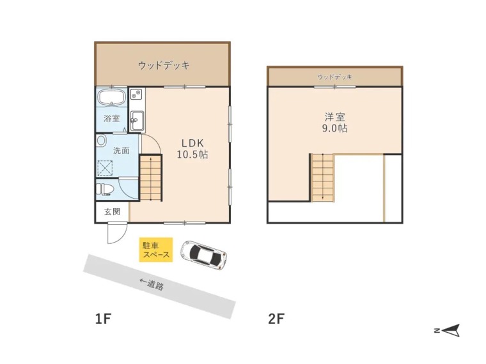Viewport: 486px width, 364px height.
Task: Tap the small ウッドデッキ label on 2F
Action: [x=334, y=77]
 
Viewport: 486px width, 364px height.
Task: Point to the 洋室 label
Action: [x=334, y=117]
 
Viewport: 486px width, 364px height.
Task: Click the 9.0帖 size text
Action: [x=334, y=128]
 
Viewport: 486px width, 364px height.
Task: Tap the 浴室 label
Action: [x=112, y=118]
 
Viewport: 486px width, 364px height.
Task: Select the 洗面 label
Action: [x=121, y=151]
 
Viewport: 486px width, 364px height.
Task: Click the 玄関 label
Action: [x=112, y=211]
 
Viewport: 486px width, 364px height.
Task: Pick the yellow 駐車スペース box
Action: [x=155, y=250]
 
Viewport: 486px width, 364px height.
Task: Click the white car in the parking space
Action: [x=203, y=255]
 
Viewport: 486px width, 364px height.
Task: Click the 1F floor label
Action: [x=103, y=319]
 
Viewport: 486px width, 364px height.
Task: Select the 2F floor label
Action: [x=276, y=319]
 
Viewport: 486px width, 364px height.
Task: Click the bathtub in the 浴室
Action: [x=112, y=99]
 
